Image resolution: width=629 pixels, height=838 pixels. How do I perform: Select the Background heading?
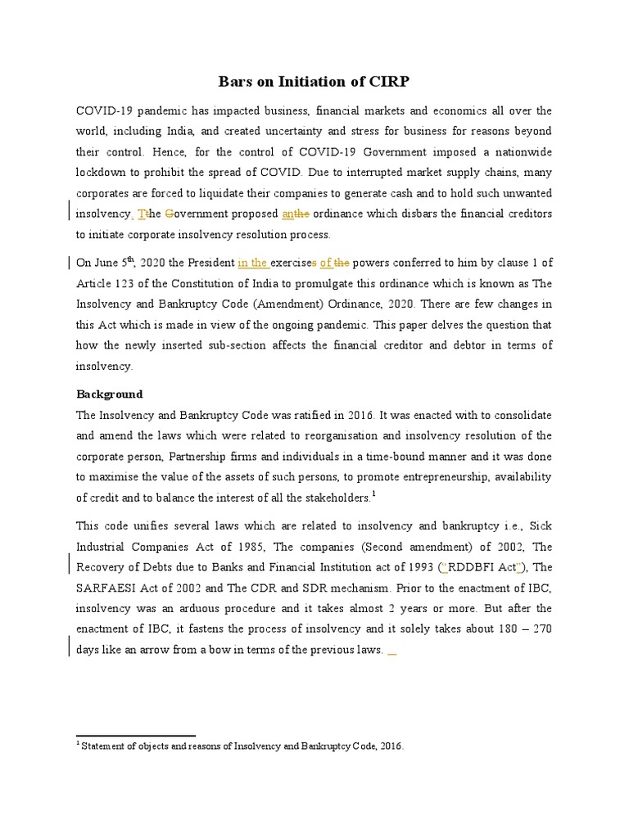109,394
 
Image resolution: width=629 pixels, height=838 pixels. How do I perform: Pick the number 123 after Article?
133,283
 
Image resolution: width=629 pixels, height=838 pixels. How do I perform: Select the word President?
210,263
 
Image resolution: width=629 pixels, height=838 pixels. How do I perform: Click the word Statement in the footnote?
110,746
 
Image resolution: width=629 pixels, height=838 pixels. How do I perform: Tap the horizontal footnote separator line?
135,736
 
